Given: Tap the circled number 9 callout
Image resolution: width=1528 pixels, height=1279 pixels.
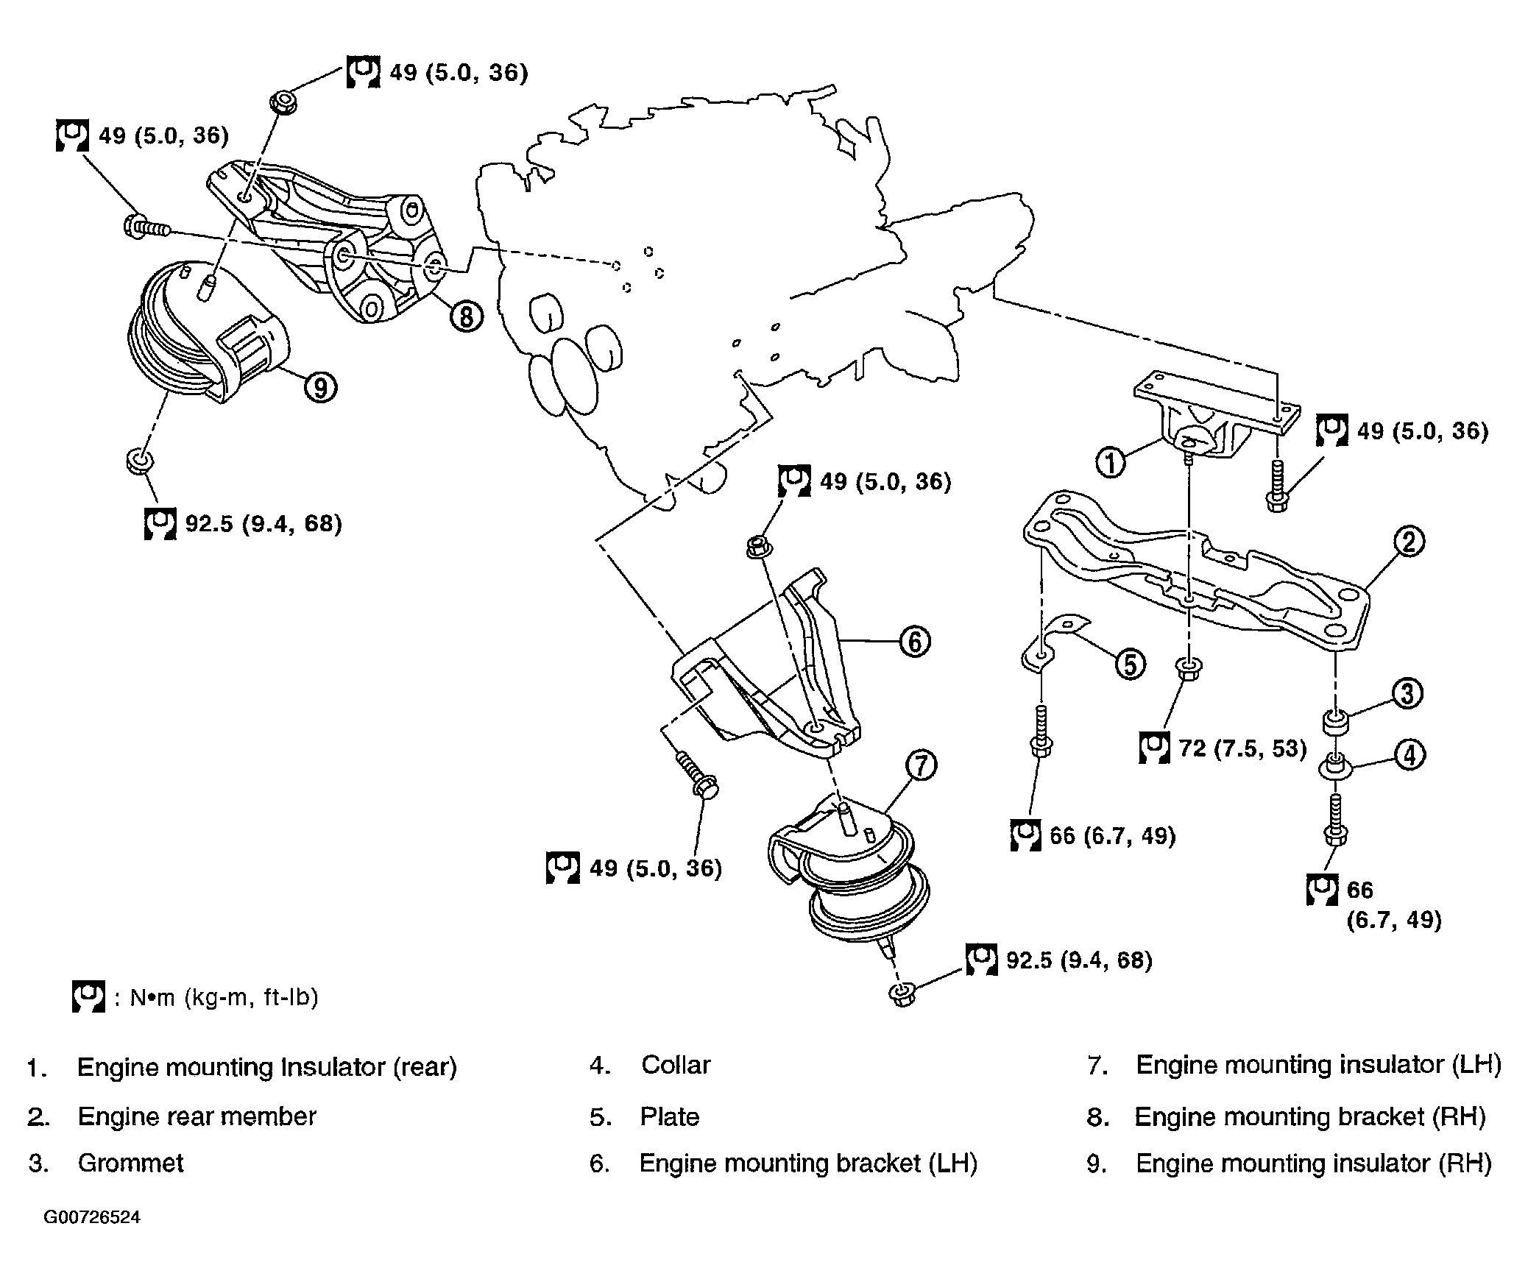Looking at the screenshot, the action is coord(321,386).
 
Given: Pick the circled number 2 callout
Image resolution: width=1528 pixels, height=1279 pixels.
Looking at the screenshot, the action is coord(1408,542).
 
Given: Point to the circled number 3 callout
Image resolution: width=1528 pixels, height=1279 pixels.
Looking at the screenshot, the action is coord(1407,693).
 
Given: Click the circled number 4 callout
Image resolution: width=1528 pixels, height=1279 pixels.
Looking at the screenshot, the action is coord(1409,755).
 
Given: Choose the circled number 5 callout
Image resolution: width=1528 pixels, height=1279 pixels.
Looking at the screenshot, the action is coord(1130,664).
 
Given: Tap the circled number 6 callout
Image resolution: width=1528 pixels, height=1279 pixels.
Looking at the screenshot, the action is coord(915,641).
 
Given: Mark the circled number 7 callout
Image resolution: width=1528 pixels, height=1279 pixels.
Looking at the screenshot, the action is coord(922,765).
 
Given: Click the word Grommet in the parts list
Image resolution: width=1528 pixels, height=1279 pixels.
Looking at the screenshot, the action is coord(130,1163).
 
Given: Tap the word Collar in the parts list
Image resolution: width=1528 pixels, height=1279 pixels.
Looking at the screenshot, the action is coord(676,1065).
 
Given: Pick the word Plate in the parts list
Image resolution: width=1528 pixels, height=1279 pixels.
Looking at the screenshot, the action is coord(670,1116).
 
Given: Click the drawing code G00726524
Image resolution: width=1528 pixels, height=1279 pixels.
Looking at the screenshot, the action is coord(92,1217).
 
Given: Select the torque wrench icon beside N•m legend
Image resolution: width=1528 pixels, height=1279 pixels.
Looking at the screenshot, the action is coord(88,996).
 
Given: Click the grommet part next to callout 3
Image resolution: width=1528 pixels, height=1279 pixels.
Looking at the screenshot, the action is coord(1337,722).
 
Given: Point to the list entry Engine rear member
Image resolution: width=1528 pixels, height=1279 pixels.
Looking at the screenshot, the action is coord(197,1116).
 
